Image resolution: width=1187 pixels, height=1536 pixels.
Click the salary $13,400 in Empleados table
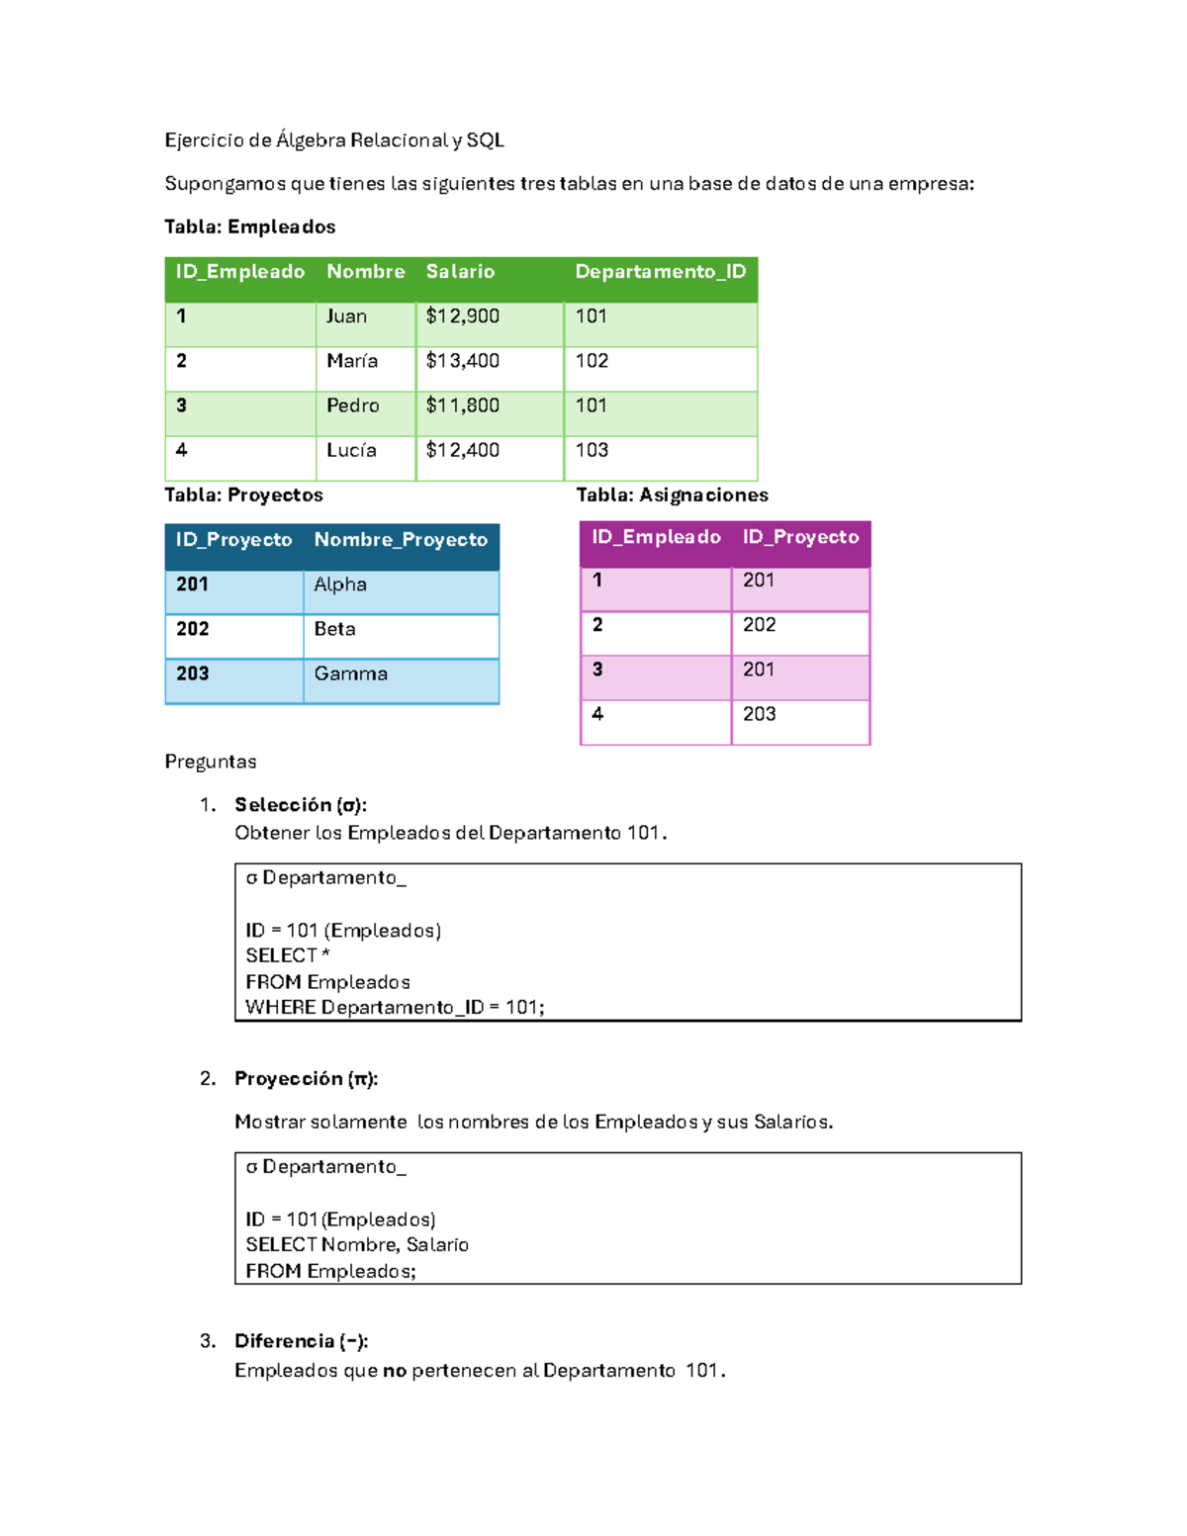462,361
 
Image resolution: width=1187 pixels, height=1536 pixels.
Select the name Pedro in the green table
352,406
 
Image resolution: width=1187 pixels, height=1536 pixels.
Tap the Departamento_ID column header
660,272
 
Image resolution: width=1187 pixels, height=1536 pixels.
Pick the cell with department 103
592,450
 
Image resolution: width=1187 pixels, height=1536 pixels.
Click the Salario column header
460,272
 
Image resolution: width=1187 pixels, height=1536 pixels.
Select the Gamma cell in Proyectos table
350,674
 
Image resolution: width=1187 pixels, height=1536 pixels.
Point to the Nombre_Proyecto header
401,540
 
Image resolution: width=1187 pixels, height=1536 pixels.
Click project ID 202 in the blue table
193,629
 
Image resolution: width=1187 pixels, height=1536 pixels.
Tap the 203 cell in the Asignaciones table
759,714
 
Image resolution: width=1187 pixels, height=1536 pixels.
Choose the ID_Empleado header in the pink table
656,537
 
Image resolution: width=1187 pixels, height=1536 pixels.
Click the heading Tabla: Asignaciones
672,495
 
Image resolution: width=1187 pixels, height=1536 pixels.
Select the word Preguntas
210,762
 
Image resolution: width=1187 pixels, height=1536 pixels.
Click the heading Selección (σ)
300,805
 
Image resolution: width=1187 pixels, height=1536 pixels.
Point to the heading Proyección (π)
306,1079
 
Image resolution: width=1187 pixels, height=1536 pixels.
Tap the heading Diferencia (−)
301,1341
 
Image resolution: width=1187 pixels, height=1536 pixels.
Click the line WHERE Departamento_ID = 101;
395,1008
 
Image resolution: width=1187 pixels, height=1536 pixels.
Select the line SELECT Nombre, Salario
357,1245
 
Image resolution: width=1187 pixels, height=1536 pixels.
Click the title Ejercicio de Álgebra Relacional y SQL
334,140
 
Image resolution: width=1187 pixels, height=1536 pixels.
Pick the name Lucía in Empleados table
351,450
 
